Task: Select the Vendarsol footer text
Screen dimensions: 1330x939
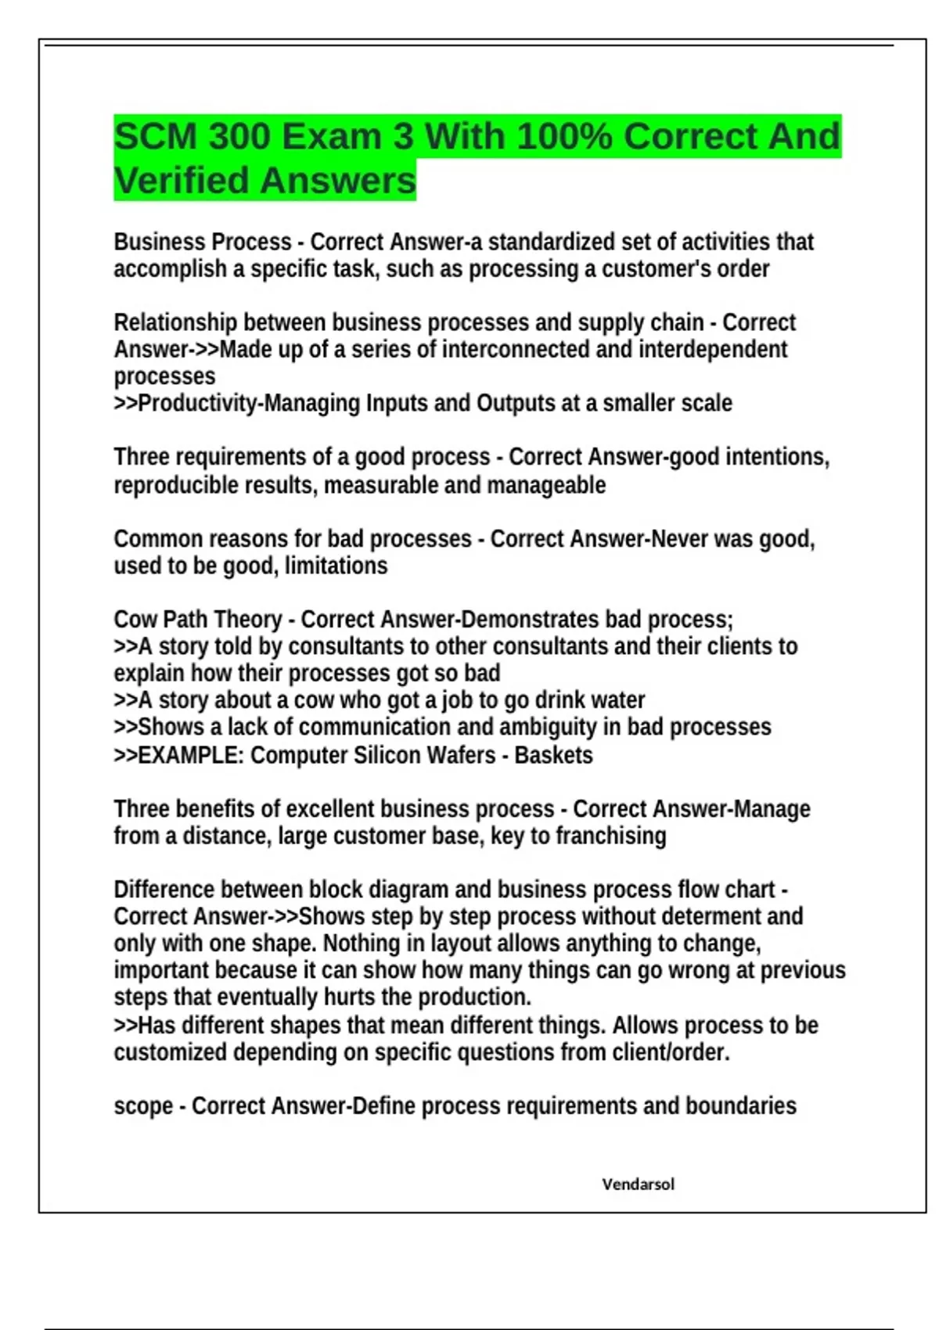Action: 638,1184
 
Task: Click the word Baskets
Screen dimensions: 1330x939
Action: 553,755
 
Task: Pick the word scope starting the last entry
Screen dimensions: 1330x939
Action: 143,1106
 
